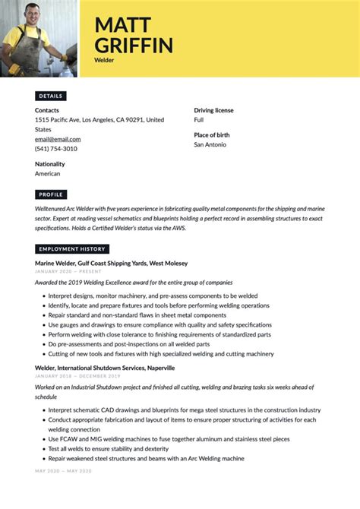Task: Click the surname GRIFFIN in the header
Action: (134, 45)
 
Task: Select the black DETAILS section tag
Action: (51, 96)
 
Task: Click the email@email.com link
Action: (58, 139)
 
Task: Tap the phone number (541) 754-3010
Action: (56, 149)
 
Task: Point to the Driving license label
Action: (213, 110)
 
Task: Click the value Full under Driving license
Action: (199, 120)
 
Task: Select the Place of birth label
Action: (212, 134)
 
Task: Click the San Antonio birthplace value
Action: (210, 144)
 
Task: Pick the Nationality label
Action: (50, 164)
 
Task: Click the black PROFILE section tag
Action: (51, 195)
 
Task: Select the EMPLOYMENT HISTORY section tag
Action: (72, 249)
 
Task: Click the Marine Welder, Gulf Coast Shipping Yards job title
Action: (111, 263)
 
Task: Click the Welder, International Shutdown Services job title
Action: (105, 368)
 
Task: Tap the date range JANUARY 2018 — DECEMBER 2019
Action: (77, 377)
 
